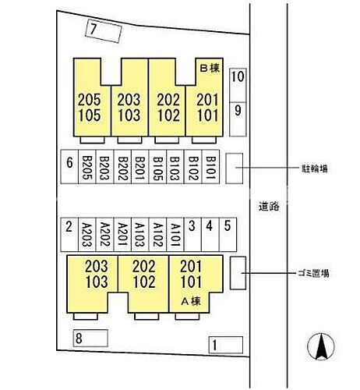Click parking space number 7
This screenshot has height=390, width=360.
[x=104, y=31]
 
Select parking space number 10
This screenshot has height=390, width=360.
[x=238, y=85]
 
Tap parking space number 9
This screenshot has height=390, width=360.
[x=238, y=119]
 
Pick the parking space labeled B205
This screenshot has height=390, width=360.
[x=87, y=167]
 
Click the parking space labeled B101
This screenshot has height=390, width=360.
[x=210, y=167]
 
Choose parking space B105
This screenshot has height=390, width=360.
[x=157, y=167]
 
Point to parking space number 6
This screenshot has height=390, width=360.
[x=69, y=167]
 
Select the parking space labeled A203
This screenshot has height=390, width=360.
[x=87, y=235]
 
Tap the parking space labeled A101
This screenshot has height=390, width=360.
[x=175, y=235]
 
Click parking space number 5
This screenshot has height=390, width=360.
[x=228, y=235]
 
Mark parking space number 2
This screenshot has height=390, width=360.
[x=69, y=235]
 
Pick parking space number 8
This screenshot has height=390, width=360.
[x=90, y=338]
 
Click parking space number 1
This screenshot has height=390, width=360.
[x=226, y=345]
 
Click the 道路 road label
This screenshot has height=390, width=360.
[x=269, y=207]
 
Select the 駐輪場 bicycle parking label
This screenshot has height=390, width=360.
[x=314, y=169]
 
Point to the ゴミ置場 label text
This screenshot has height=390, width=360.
[x=313, y=273]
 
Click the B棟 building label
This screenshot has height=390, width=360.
[x=210, y=68]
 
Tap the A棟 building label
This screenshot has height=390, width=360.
[x=191, y=301]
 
